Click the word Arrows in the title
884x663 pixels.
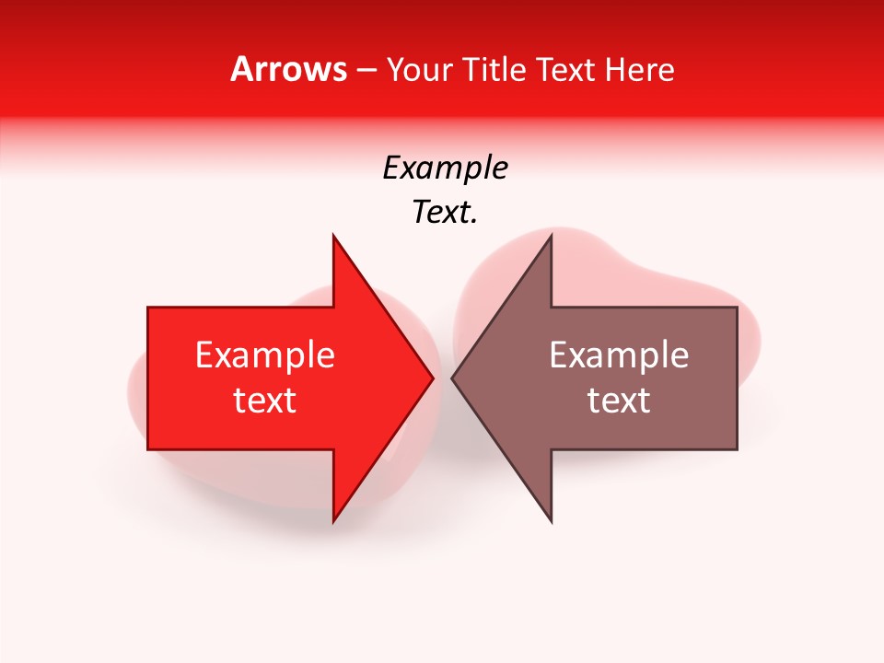tap(289, 69)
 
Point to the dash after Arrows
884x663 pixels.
tap(366, 70)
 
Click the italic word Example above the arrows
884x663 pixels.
tap(446, 169)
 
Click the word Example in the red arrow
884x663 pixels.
tap(265, 355)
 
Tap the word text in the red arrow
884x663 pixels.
tap(265, 401)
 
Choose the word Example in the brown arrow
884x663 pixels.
tap(619, 355)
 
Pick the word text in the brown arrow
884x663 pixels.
tap(619, 401)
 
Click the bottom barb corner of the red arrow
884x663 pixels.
tap(334, 520)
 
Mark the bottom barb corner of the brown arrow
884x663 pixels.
tap(550, 520)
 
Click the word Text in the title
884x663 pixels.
tap(568, 69)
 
